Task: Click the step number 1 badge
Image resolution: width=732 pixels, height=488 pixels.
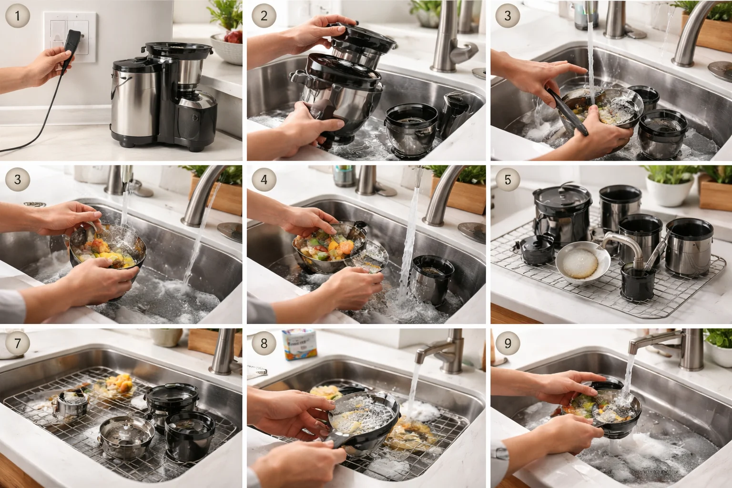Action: pyautogui.click(x=18, y=16)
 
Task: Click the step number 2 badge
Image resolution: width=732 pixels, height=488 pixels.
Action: pyautogui.click(x=264, y=16)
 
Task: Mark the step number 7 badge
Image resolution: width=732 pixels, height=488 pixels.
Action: pyautogui.click(x=18, y=343)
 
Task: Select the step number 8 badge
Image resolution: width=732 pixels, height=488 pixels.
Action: pyautogui.click(x=264, y=343)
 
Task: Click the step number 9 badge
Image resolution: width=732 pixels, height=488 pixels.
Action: pyautogui.click(x=508, y=343)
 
